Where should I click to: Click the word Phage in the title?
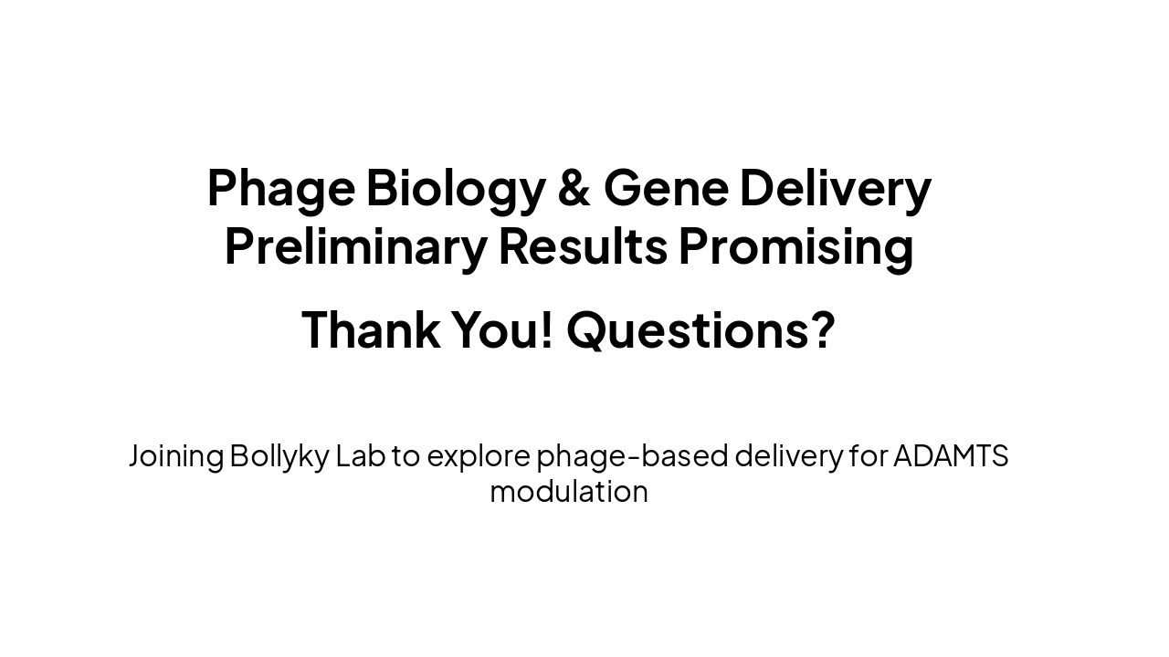[280, 188]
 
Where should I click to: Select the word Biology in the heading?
[455, 188]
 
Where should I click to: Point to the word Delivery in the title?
[835, 188]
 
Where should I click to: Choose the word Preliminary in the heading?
[355, 246]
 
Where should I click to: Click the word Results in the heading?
[582, 246]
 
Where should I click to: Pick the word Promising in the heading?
[795, 246]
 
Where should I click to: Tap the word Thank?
[370, 329]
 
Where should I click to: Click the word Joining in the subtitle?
[175, 455]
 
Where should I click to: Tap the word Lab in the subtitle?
[360, 455]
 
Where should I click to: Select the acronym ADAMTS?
[950, 455]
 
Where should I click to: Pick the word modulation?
[568, 492]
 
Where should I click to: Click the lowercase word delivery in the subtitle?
[787, 455]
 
